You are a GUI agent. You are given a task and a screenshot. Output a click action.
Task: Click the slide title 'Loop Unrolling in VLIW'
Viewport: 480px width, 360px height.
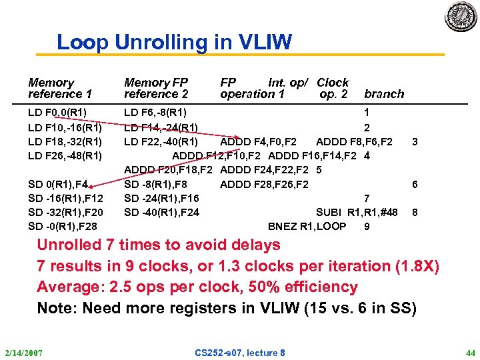[x=174, y=43]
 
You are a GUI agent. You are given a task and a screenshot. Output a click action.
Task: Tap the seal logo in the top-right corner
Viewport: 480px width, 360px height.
[x=461, y=16]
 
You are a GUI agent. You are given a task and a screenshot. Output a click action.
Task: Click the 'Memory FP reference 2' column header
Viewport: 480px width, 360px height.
[x=157, y=88]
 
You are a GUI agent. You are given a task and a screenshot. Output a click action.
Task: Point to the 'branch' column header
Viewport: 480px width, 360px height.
[x=384, y=94]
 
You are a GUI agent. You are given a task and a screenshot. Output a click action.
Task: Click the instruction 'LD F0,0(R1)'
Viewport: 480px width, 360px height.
[x=57, y=111]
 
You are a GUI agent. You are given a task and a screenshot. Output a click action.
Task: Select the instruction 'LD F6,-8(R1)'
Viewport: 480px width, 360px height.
[x=155, y=111]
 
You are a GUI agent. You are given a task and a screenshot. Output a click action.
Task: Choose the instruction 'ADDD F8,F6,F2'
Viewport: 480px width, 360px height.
[x=354, y=141]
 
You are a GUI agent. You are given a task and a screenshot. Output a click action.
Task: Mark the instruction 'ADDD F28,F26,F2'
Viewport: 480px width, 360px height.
[x=264, y=183]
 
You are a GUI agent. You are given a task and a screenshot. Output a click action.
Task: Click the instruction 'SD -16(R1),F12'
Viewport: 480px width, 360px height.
[x=65, y=197]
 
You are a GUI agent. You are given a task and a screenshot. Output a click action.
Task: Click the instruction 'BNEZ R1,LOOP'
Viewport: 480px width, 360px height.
[x=307, y=226]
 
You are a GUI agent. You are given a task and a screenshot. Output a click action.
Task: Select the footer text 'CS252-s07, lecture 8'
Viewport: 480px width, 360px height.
[x=240, y=352]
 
